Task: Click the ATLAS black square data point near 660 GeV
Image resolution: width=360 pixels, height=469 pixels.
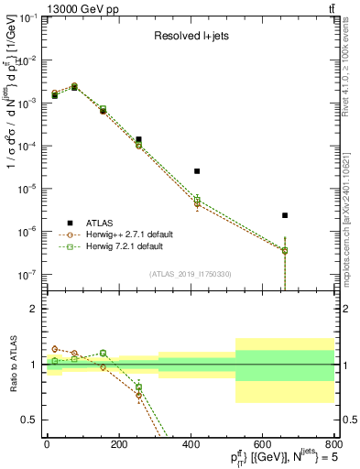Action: pos(285,215)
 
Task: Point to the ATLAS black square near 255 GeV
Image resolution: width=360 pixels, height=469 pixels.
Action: pos(138,139)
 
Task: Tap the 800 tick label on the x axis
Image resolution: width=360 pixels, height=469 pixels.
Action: pos(334,445)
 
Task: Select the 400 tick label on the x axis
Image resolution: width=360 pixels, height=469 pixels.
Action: pos(191,445)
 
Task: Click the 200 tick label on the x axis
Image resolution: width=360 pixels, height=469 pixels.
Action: pos(118,445)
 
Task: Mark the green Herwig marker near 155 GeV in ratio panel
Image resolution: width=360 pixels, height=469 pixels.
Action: pos(103,353)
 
